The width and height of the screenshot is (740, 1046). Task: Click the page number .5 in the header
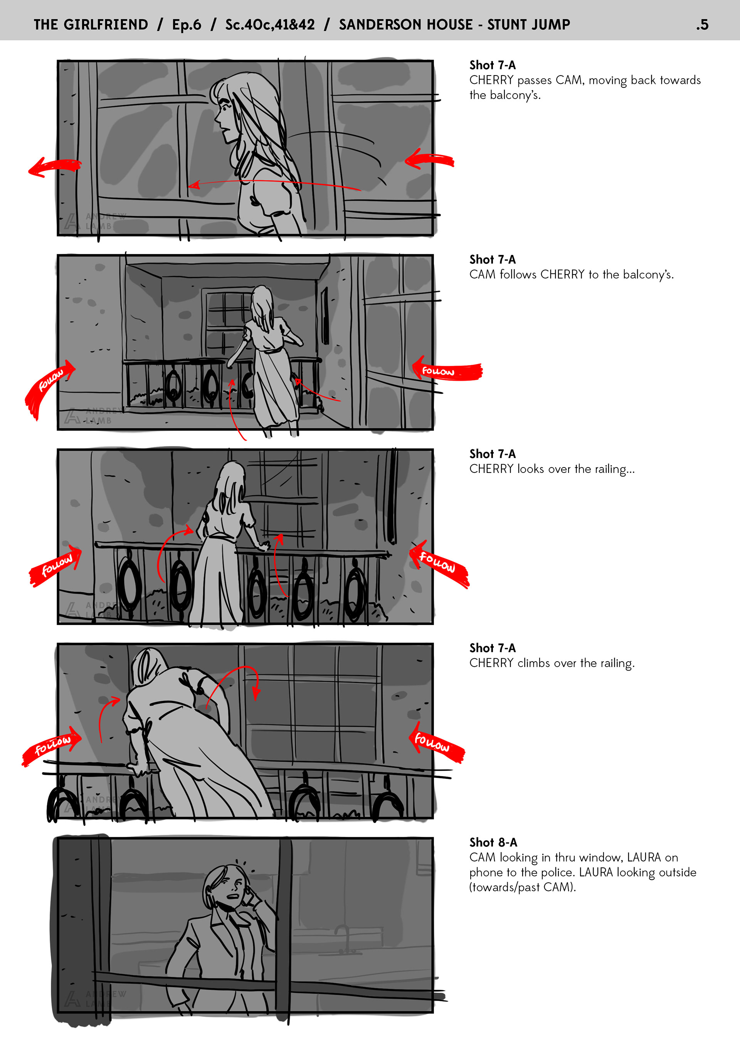(x=702, y=25)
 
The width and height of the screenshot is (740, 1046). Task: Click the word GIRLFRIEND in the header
(x=106, y=25)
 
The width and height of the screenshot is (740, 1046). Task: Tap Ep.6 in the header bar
(x=187, y=25)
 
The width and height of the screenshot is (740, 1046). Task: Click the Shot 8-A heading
(x=493, y=842)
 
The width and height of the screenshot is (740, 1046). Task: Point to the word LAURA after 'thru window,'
(x=643, y=857)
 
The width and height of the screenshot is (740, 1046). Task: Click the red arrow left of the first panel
(x=54, y=167)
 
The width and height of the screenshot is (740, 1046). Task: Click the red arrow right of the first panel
(x=429, y=159)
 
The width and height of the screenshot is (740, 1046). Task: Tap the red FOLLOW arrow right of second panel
(x=446, y=370)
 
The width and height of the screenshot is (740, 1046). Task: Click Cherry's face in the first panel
(x=224, y=114)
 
